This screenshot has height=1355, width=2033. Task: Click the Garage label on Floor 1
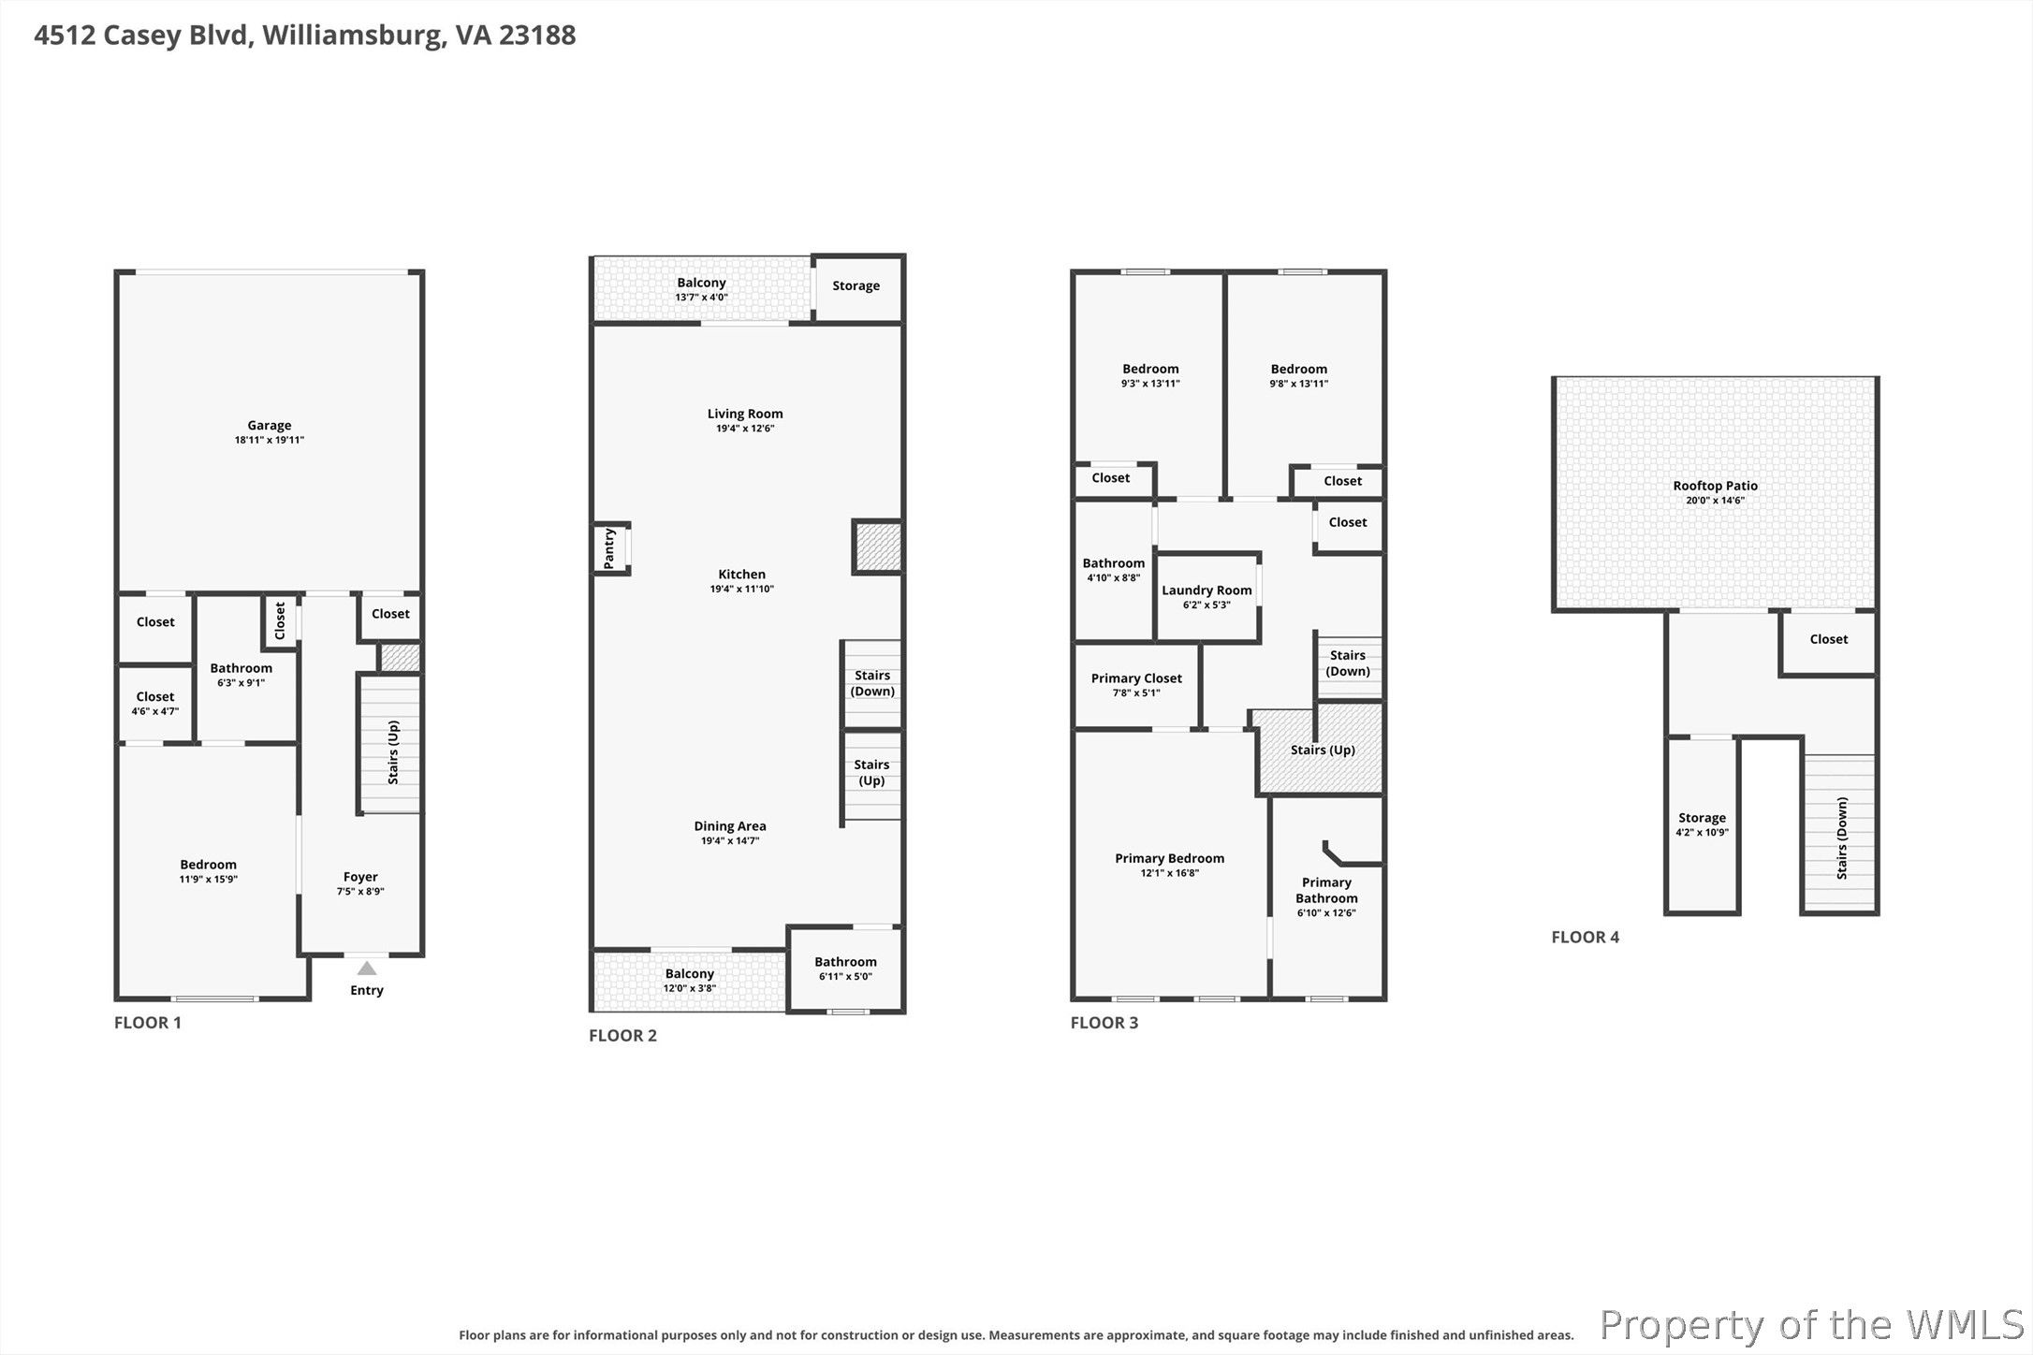tap(270, 425)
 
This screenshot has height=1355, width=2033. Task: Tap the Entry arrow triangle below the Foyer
tap(367, 969)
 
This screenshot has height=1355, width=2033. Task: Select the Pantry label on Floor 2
tap(609, 548)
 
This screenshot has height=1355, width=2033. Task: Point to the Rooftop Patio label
tap(1716, 486)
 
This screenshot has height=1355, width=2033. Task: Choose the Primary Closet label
tap(1136, 678)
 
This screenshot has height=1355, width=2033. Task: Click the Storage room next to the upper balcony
tap(856, 288)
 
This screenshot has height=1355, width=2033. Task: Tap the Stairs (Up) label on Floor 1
tap(393, 752)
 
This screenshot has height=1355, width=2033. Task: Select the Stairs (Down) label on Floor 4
tap(1842, 838)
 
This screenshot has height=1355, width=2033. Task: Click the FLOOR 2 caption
tap(622, 1035)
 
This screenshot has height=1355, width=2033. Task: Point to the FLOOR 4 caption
tap(1586, 937)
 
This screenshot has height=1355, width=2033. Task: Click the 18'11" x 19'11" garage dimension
tap(270, 440)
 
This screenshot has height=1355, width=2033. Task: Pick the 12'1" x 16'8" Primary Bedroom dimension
tap(1170, 873)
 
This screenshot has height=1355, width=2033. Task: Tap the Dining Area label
tap(730, 826)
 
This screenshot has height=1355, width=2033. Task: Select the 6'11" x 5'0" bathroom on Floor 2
tap(846, 969)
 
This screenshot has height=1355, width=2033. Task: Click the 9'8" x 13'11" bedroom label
tap(1299, 369)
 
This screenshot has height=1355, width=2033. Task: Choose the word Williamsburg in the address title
tap(351, 36)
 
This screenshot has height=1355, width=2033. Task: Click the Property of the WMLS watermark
tap(1812, 1325)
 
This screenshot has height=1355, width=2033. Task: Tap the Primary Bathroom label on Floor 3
tap(1327, 890)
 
